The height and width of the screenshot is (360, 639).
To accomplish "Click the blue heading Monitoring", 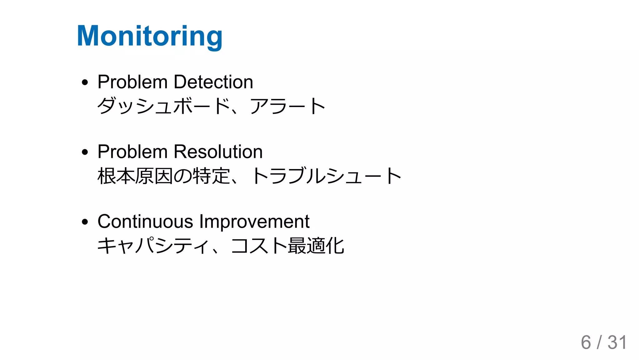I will pyautogui.click(x=150, y=36).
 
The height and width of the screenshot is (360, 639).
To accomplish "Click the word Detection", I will pyautogui.click(x=213, y=82).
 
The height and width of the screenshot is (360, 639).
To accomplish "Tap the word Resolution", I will pyautogui.click(x=218, y=152).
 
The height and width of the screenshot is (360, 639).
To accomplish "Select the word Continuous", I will pyautogui.click(x=145, y=221).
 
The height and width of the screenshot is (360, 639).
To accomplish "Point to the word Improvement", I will pyautogui.click(x=254, y=221).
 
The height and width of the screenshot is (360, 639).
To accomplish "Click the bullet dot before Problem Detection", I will pyautogui.click(x=85, y=83).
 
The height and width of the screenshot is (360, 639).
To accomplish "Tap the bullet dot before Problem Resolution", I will pyautogui.click(x=85, y=153).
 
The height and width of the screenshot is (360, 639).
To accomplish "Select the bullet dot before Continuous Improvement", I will pyautogui.click(x=85, y=222).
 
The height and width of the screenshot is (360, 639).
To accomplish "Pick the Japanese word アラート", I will pyautogui.click(x=287, y=106).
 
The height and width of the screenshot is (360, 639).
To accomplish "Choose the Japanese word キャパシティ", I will pyautogui.click(x=153, y=246).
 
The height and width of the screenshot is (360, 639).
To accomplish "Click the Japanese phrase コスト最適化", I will pyautogui.click(x=287, y=246).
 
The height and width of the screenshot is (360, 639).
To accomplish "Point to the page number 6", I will pyautogui.click(x=586, y=343).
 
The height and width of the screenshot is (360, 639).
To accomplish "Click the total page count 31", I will pyautogui.click(x=617, y=343).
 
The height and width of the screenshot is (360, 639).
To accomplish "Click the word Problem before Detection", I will pyautogui.click(x=132, y=82).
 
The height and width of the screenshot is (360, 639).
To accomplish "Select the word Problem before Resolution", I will pyautogui.click(x=132, y=152).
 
